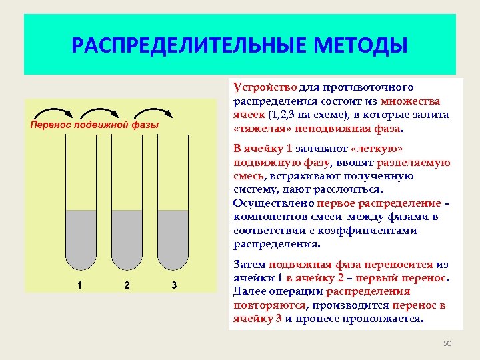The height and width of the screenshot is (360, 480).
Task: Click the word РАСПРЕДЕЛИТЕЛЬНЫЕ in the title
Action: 176,46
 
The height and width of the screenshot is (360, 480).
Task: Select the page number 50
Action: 447,343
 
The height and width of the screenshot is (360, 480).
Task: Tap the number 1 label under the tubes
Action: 80,286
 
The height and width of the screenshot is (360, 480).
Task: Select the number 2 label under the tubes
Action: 127,286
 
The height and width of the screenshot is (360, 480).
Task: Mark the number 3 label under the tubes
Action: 174,286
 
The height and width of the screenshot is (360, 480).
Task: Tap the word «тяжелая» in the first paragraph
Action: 261,128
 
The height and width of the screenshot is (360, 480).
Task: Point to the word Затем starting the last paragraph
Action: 250,265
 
